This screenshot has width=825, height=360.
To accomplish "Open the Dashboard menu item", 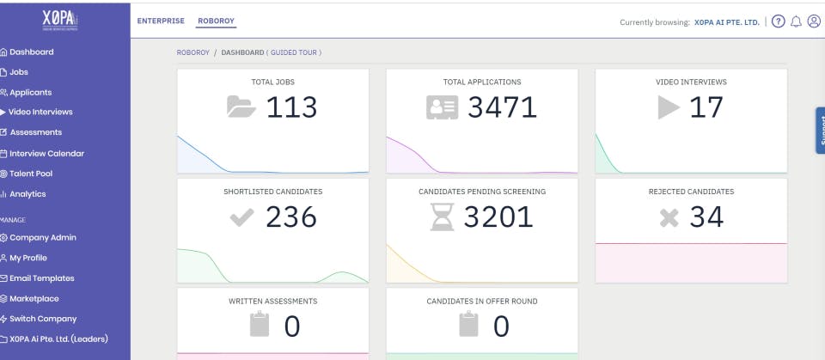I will click(x=31, y=52).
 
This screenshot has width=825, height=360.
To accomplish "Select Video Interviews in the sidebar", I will click(x=40, y=113).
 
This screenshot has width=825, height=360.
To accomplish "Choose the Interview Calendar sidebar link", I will click(x=46, y=154).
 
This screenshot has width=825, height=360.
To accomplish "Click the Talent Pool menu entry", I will click(x=31, y=174).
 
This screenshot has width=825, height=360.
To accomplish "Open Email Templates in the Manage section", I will click(x=41, y=278).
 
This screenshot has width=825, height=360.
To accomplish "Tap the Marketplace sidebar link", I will click(x=34, y=299).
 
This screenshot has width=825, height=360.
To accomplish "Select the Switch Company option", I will click(x=43, y=319).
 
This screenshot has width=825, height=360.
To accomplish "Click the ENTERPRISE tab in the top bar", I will click(x=161, y=21).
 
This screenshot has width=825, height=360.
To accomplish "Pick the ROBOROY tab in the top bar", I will click(x=216, y=21).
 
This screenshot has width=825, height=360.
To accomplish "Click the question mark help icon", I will click(x=779, y=21).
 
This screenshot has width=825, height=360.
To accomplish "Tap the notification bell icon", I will click(x=796, y=21).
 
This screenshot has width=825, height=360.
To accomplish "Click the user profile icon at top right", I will click(x=814, y=21).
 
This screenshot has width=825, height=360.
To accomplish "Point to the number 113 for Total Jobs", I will click(x=291, y=107).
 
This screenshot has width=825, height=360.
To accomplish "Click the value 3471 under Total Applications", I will click(x=502, y=107).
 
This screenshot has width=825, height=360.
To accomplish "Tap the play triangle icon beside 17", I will click(x=669, y=107).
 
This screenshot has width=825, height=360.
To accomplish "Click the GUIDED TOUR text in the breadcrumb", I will click(x=296, y=52).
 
